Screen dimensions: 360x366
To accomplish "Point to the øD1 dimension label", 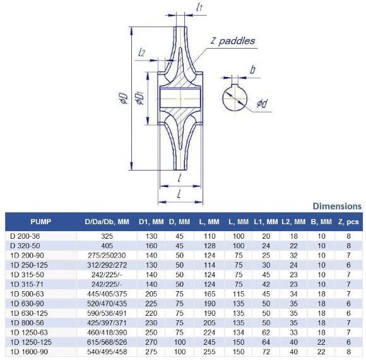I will click(141, 99).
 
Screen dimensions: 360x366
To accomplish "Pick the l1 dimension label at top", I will click(199, 8).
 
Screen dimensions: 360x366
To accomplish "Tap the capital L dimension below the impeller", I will click(180, 194).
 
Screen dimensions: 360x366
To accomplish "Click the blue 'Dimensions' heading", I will click(337, 206).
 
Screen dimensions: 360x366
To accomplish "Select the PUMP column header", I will click(40, 222).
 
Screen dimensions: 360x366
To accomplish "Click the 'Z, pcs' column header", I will click(348, 222).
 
